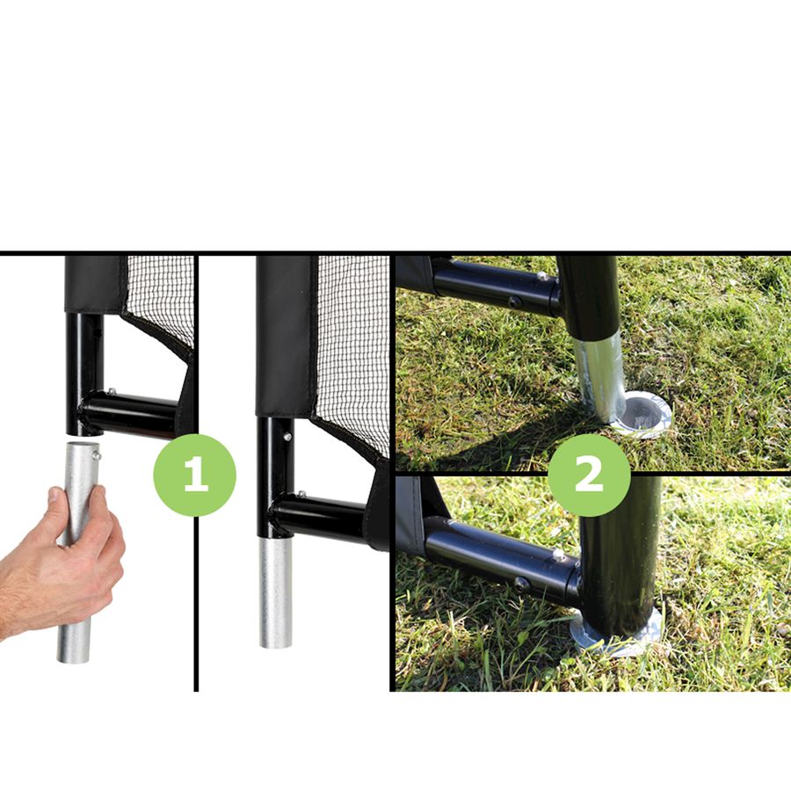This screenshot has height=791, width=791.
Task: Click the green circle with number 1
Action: pyautogui.click(x=195, y=475)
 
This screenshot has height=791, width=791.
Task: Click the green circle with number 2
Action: pyautogui.click(x=589, y=475)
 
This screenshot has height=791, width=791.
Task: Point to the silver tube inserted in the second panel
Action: pyautogui.click(x=275, y=592)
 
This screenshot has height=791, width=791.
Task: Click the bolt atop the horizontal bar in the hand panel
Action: pyautogui.click(x=112, y=391)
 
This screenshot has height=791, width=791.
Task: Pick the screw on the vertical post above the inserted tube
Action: pyautogui.click(x=287, y=436)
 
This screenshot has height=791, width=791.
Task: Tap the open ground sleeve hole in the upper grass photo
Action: pyautogui.click(x=644, y=411)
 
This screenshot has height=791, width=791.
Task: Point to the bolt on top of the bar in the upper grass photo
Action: pyautogui.click(x=542, y=276)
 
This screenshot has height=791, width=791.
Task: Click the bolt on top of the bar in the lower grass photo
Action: pyautogui.click(x=558, y=555)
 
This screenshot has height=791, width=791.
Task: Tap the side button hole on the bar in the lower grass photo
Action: pyautogui.click(x=521, y=584)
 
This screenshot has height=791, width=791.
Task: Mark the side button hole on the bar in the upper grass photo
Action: pyautogui.click(x=514, y=302)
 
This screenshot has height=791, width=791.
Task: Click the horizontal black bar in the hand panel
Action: pyautogui.click(x=132, y=411)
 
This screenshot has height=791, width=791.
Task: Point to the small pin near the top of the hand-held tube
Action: pyautogui.click(x=98, y=456)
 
